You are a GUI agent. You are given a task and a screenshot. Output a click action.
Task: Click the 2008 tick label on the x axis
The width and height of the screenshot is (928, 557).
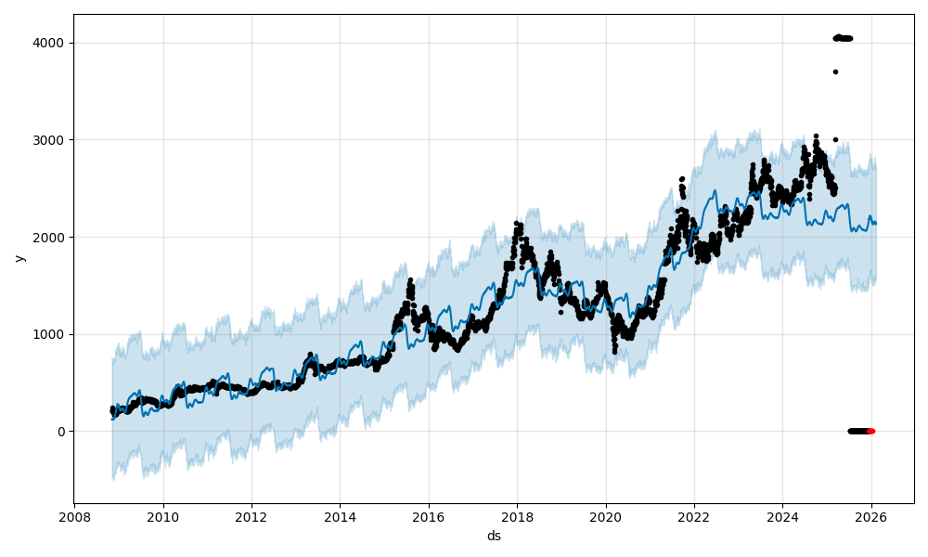coord(75,517)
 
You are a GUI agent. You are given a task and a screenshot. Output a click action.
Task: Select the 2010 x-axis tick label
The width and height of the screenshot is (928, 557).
coord(163,517)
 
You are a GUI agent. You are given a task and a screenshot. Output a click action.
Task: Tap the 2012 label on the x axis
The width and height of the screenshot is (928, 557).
coord(251,517)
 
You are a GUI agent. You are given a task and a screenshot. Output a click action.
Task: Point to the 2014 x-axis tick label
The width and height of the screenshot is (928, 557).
coord(340,517)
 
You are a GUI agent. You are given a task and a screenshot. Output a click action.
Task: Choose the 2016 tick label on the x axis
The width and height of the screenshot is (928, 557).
coord(428,517)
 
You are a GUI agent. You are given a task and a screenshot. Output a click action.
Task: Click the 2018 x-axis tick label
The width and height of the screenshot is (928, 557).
coord(517,517)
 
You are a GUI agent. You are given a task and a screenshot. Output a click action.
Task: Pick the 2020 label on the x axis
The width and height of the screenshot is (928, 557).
coord(605,517)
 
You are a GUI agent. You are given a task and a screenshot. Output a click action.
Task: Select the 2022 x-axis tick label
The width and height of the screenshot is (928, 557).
coord(693,517)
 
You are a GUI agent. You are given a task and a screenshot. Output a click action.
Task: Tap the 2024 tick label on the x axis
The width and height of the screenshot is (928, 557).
coord(782,517)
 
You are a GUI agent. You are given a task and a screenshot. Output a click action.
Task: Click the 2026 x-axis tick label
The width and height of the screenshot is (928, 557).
coord(870,517)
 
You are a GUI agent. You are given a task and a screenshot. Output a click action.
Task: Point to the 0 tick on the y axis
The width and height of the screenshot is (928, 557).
coord(61,432)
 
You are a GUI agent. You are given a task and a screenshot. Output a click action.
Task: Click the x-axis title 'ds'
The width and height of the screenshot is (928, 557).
coord(494,536)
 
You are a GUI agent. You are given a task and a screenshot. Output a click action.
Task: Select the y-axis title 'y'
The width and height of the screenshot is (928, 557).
coord(19,258)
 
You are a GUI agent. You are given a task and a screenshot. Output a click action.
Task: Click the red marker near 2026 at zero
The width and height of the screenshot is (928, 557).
coord(870,431)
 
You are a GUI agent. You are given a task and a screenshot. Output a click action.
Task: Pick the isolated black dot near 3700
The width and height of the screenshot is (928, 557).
coord(835,71)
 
